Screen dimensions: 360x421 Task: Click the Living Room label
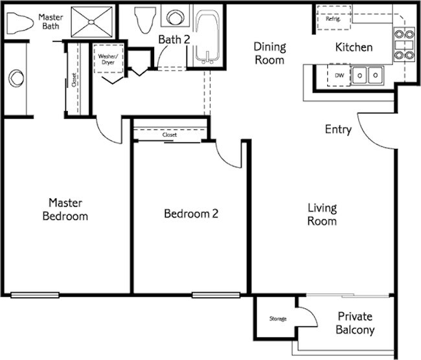pos(322,214)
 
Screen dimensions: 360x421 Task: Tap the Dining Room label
pos(269,53)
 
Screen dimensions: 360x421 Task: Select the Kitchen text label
pos(353,47)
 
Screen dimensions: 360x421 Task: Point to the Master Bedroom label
pos(65,208)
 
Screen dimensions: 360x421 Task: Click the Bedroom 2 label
pos(190,214)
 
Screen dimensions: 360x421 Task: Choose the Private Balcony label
pos(355,323)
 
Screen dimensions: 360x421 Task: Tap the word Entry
pos(338,129)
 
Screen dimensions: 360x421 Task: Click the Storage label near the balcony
pos(277,319)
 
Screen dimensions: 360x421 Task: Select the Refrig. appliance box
pos(334,19)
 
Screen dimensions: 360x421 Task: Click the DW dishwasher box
pos(339,76)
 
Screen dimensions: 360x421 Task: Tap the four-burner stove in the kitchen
pos(404,44)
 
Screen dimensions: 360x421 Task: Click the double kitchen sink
pos(367,75)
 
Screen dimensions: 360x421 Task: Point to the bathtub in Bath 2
pos(207,38)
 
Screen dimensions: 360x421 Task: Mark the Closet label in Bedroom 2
pos(170,135)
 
